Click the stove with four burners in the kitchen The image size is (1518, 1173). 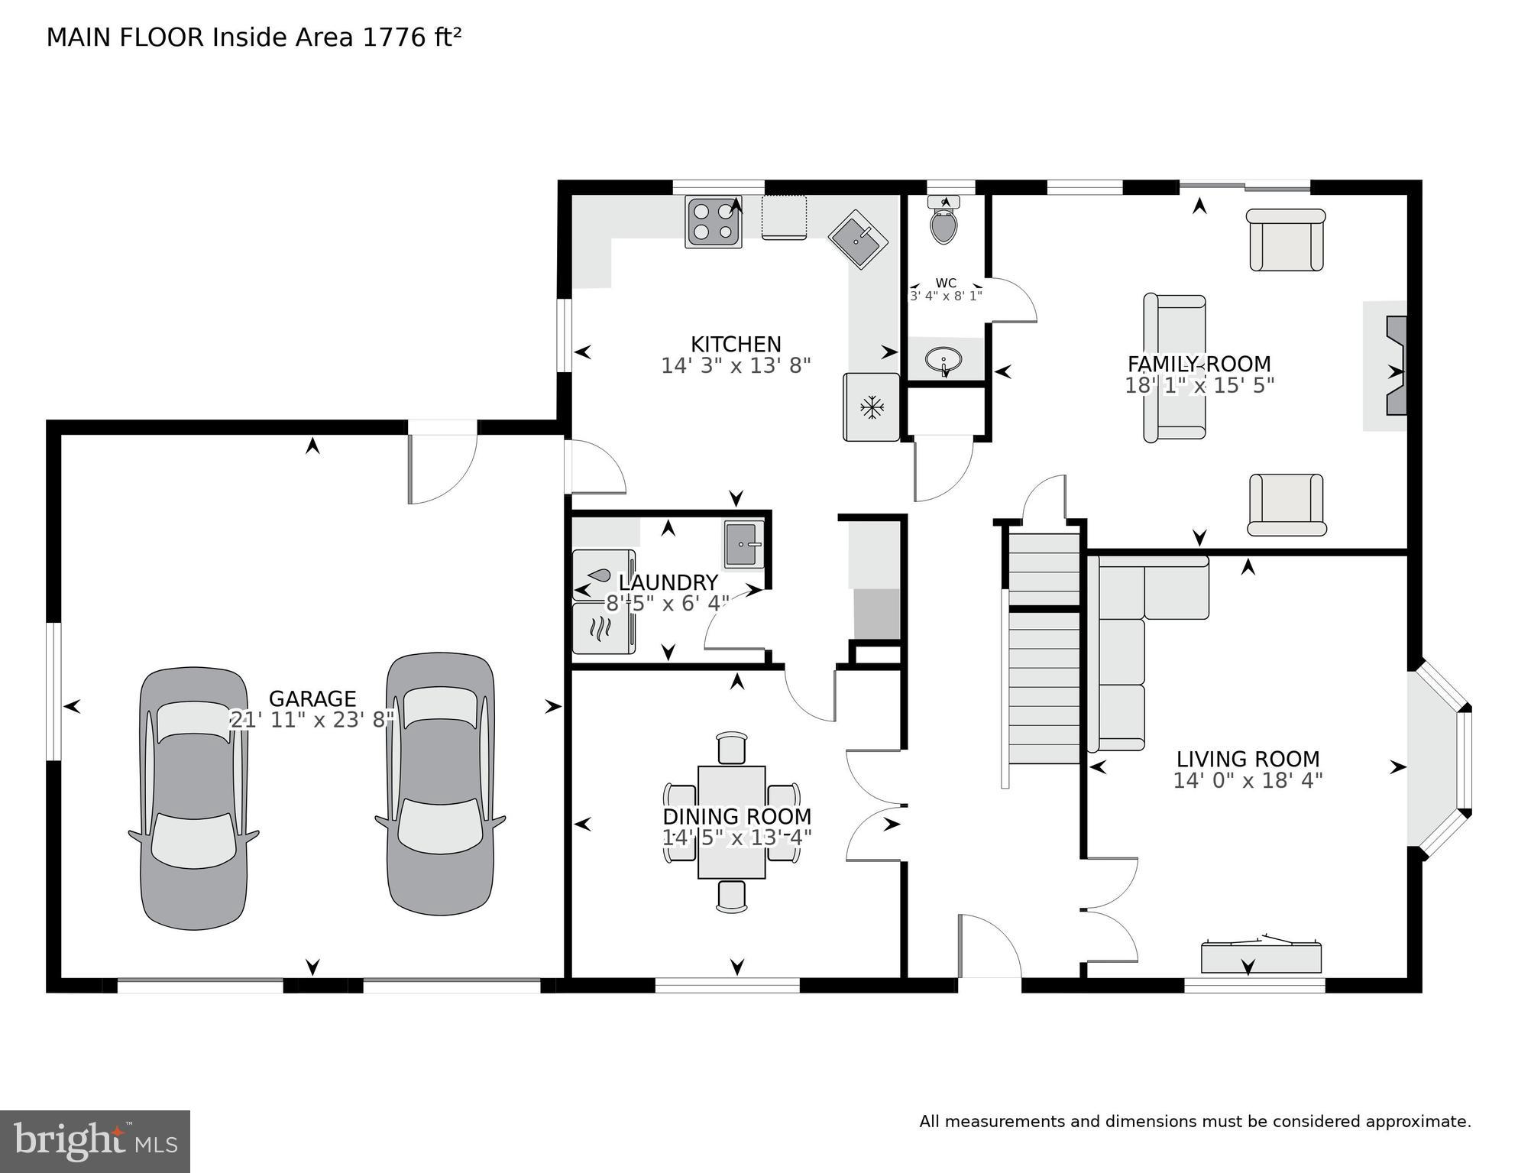pos(714,222)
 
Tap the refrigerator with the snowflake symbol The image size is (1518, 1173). pos(871,407)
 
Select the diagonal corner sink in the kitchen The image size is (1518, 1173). pos(857,240)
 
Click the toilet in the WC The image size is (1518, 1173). pos(944,224)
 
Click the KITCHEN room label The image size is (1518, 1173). pos(736,344)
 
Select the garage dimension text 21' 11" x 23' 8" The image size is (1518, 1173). pos(312,719)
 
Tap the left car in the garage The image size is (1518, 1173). pos(194,799)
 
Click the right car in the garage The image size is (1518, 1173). pos(440,783)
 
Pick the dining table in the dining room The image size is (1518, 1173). pos(731,822)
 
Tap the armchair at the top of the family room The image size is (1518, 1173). pos(1286,240)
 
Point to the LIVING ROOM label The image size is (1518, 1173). pos(1248,759)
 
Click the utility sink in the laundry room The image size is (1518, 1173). pos(743,545)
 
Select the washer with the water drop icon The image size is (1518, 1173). pos(603,575)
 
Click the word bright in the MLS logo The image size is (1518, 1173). pos(69,1141)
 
